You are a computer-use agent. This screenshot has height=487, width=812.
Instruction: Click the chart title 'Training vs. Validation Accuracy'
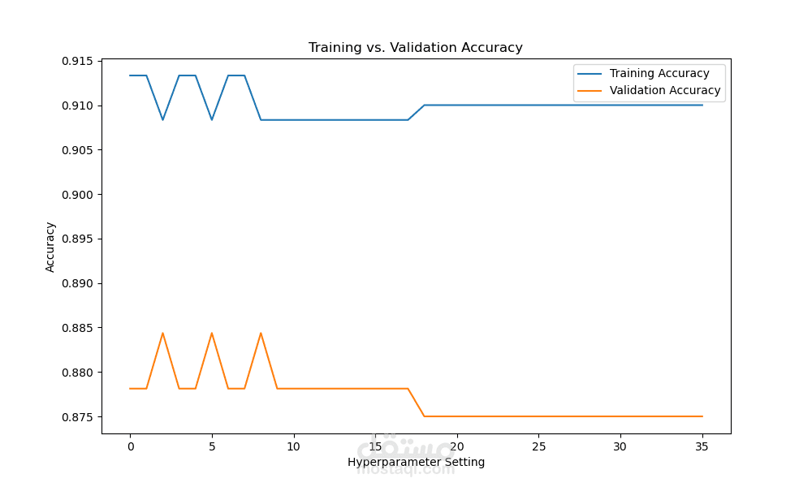415,48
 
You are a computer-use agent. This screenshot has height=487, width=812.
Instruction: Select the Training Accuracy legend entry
659,74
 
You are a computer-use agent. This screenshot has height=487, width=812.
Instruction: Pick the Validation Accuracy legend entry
665,91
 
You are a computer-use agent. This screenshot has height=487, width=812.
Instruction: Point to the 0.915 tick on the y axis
78,61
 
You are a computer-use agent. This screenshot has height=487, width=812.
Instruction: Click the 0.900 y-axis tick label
78,195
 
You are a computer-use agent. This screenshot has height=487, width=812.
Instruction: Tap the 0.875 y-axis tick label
78,417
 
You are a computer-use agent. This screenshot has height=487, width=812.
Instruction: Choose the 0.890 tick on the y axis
78,283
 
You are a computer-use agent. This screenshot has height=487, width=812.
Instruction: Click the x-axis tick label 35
702,446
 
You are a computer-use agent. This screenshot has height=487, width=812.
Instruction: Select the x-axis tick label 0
130,446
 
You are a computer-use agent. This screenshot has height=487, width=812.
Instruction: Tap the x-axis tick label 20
457,446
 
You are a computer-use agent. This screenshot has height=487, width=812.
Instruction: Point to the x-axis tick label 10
293,446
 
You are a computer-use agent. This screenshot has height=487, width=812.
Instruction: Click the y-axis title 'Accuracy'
50,247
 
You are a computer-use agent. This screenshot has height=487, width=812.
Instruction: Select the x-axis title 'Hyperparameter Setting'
416,463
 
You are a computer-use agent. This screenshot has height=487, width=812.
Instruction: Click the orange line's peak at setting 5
212,333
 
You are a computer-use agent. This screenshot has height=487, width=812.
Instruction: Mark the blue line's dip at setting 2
162,120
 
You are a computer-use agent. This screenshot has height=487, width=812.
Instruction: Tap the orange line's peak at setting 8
261,333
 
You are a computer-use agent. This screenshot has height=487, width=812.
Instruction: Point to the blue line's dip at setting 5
212,120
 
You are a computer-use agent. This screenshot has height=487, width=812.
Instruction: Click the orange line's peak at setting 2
162,333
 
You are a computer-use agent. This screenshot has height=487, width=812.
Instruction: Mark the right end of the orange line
702,416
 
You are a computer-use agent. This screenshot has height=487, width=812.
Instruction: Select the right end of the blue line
702,105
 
